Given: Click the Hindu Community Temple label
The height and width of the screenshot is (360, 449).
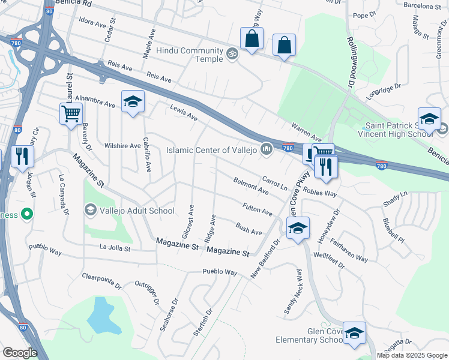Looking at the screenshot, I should pyautogui.click(x=189, y=52).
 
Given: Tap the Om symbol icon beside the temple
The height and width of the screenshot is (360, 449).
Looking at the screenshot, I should pyautogui.click(x=232, y=53).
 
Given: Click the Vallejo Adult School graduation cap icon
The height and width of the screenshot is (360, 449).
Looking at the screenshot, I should pyautogui.click(x=90, y=210).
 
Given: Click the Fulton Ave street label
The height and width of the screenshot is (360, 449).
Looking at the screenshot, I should pyautogui.click(x=258, y=209).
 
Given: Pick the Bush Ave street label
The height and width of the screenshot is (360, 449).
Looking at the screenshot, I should pyautogui.click(x=249, y=228).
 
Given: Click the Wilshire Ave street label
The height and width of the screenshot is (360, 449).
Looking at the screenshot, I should pyautogui.click(x=122, y=146).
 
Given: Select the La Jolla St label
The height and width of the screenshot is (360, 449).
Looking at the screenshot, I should pyautogui.click(x=115, y=247).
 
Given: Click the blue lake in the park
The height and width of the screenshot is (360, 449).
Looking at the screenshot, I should pyautogui.click(x=100, y=315).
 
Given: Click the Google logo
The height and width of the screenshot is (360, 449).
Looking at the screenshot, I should pyautogui.click(x=19, y=353).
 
